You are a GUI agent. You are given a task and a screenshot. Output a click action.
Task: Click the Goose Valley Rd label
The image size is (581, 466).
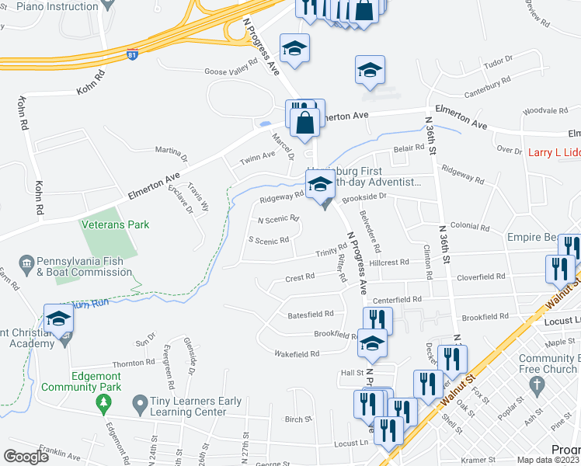click(x=231, y=68)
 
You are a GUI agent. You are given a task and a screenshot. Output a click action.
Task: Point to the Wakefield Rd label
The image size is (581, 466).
click(x=297, y=353)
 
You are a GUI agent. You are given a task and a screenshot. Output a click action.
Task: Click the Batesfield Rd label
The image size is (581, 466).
click(x=310, y=314)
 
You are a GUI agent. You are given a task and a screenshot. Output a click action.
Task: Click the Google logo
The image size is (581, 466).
click(x=26, y=456)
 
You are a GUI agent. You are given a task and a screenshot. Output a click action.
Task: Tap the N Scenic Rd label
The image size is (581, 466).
click(x=278, y=218)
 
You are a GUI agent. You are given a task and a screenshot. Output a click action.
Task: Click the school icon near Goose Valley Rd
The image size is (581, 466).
click(x=294, y=49)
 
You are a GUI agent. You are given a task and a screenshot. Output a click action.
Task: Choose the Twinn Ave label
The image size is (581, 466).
click(x=257, y=155)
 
